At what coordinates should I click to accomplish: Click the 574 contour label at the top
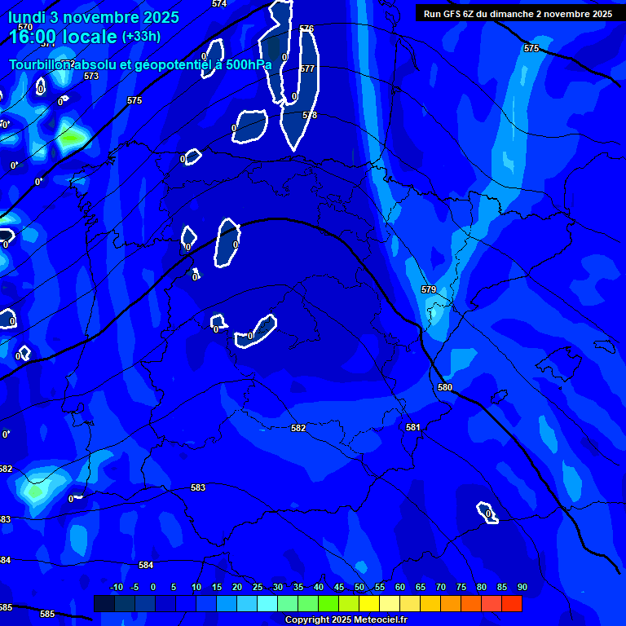219,4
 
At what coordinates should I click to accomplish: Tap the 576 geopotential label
306,29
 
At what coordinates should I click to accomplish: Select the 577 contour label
307,69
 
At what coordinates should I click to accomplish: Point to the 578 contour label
310,116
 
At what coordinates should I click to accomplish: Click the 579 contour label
429,290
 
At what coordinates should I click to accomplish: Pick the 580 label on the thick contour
444,388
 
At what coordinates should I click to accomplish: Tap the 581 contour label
413,427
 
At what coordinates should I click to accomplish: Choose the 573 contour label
91,76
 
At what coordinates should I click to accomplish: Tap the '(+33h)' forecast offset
141,37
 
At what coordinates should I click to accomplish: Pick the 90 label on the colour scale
522,587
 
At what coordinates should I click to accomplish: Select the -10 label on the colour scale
116,587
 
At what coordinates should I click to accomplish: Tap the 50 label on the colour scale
359,587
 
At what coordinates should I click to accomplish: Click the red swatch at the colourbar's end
511,603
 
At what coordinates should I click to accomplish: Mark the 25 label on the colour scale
258,587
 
